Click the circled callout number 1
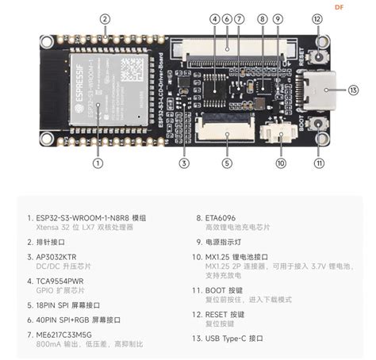pyautogui.click(x=98, y=163)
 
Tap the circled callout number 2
pyautogui.click(x=106, y=18)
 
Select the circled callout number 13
pyautogui.click(x=353, y=90)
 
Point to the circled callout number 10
pyautogui.click(x=280, y=163)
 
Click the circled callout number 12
pyautogui.click(x=318, y=18)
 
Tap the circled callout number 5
pyautogui.click(x=227, y=163)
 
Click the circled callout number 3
pyautogui.click(x=184, y=163)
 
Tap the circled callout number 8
pyautogui.click(x=262, y=18)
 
